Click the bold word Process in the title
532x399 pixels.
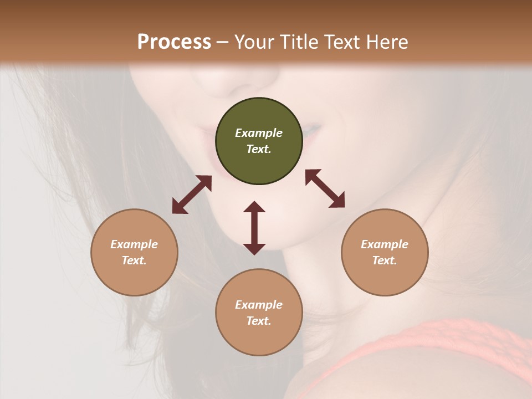174,42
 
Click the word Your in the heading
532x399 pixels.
254,42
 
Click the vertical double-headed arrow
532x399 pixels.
254,228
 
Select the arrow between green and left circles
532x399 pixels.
192,195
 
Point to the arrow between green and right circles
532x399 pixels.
325,188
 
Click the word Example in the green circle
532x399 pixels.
259,133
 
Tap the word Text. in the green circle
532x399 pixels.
259,149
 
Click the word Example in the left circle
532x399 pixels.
134,244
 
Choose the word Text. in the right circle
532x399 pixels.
385,260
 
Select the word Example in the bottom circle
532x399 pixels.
259,305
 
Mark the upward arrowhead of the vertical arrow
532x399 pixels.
254,207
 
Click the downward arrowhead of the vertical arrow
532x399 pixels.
254,249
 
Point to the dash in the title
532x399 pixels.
223,42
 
